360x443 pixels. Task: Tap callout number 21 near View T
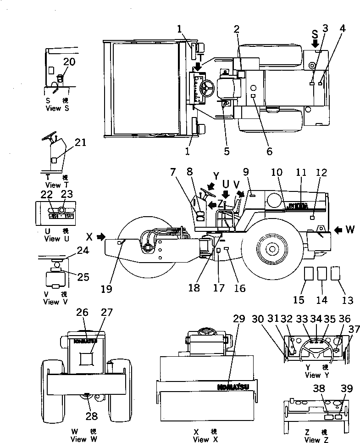(x=80, y=143)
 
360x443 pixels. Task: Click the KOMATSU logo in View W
(x=83, y=341)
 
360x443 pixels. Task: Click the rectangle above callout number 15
(x=309, y=274)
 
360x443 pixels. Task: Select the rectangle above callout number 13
(x=336, y=273)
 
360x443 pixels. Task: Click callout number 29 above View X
(x=238, y=319)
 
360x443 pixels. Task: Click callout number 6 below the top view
(x=269, y=151)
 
